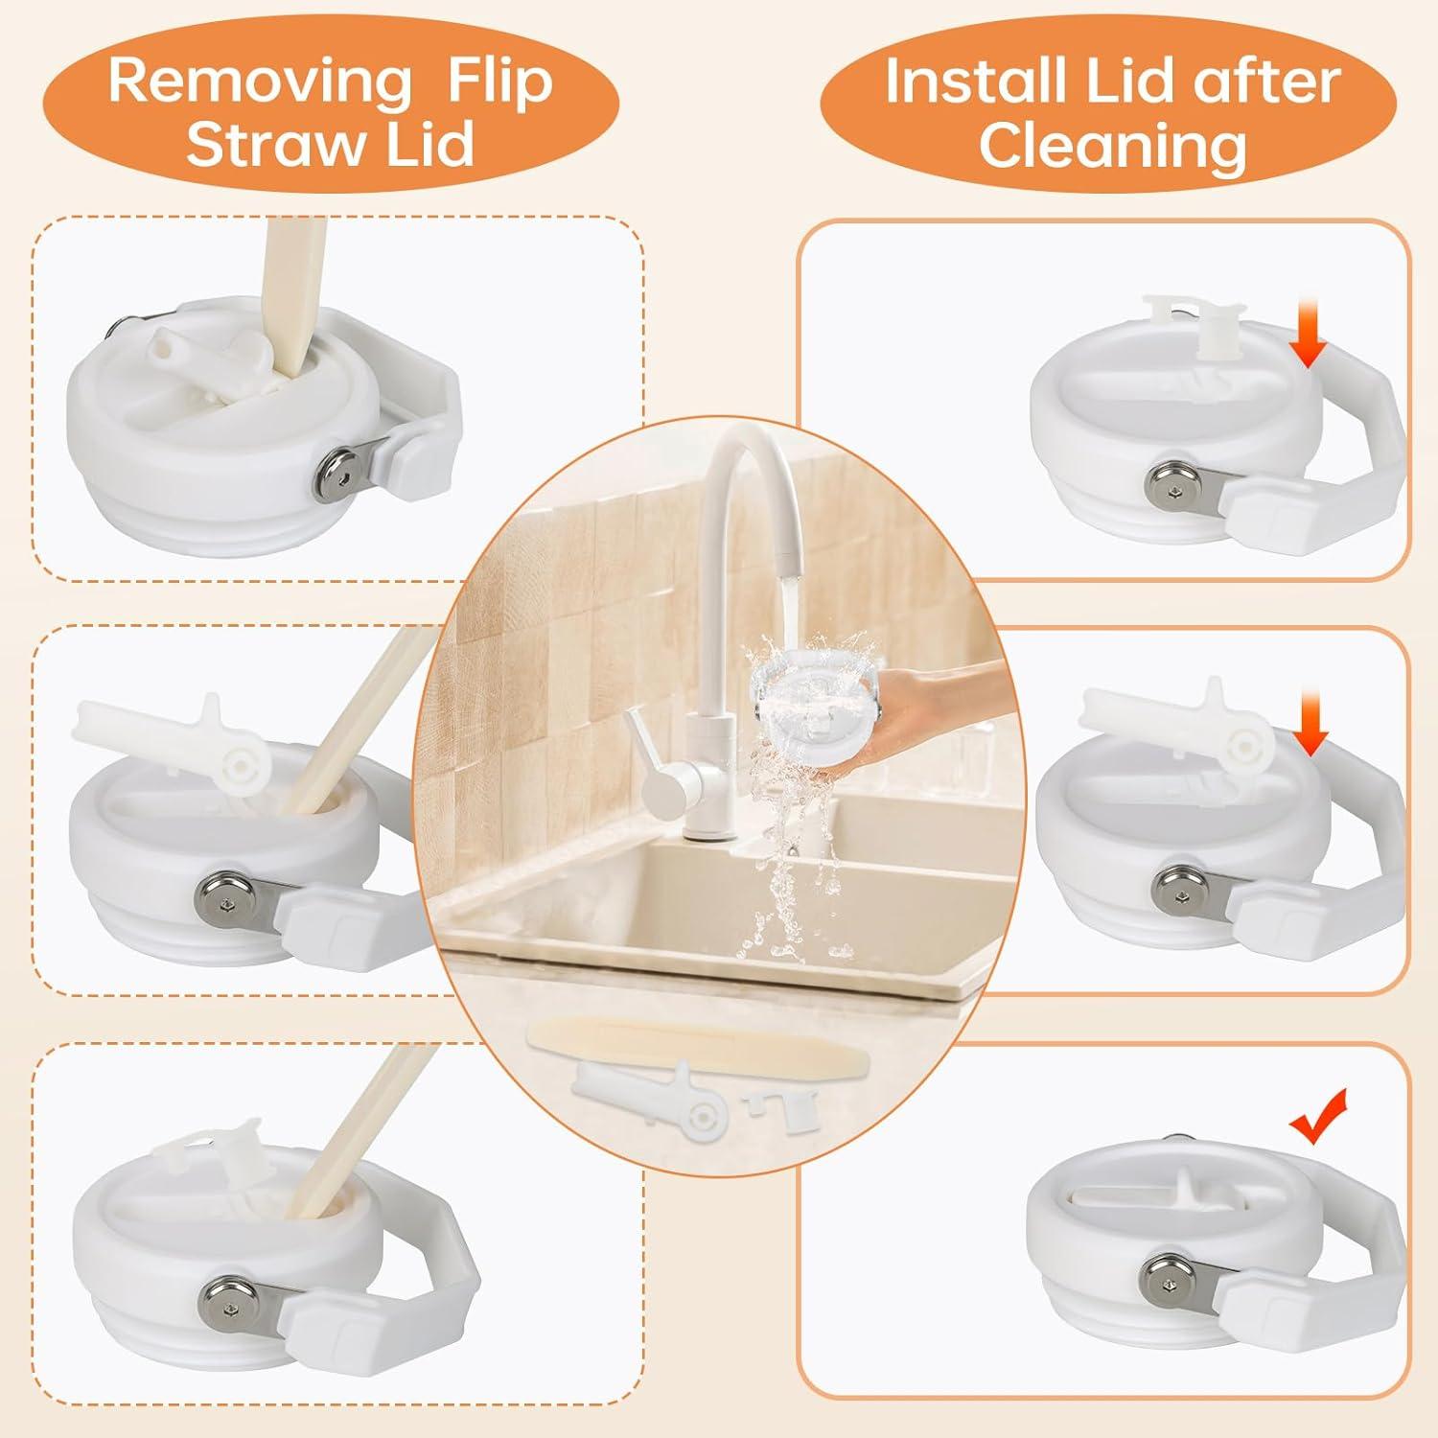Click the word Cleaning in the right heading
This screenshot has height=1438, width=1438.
click(x=1112, y=146)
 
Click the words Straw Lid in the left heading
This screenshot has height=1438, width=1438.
click(x=330, y=146)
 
